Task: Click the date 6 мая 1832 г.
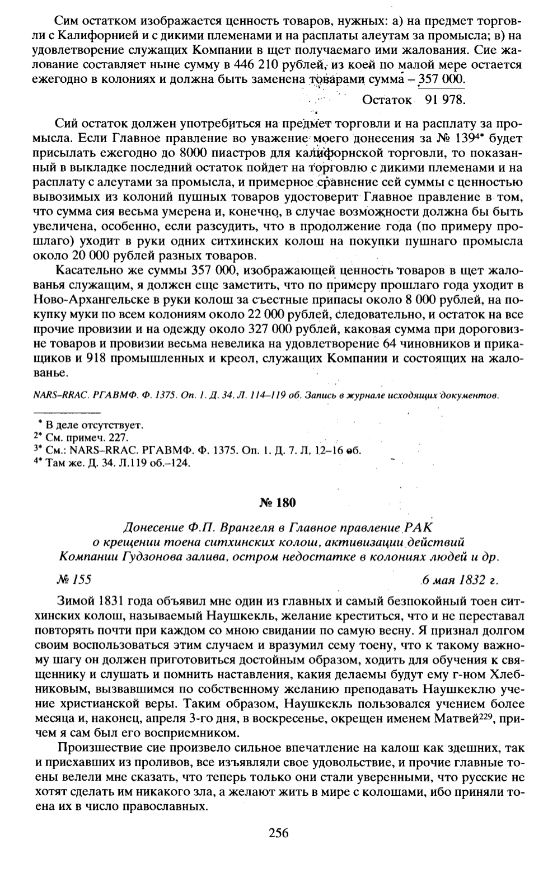[x=461, y=578]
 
